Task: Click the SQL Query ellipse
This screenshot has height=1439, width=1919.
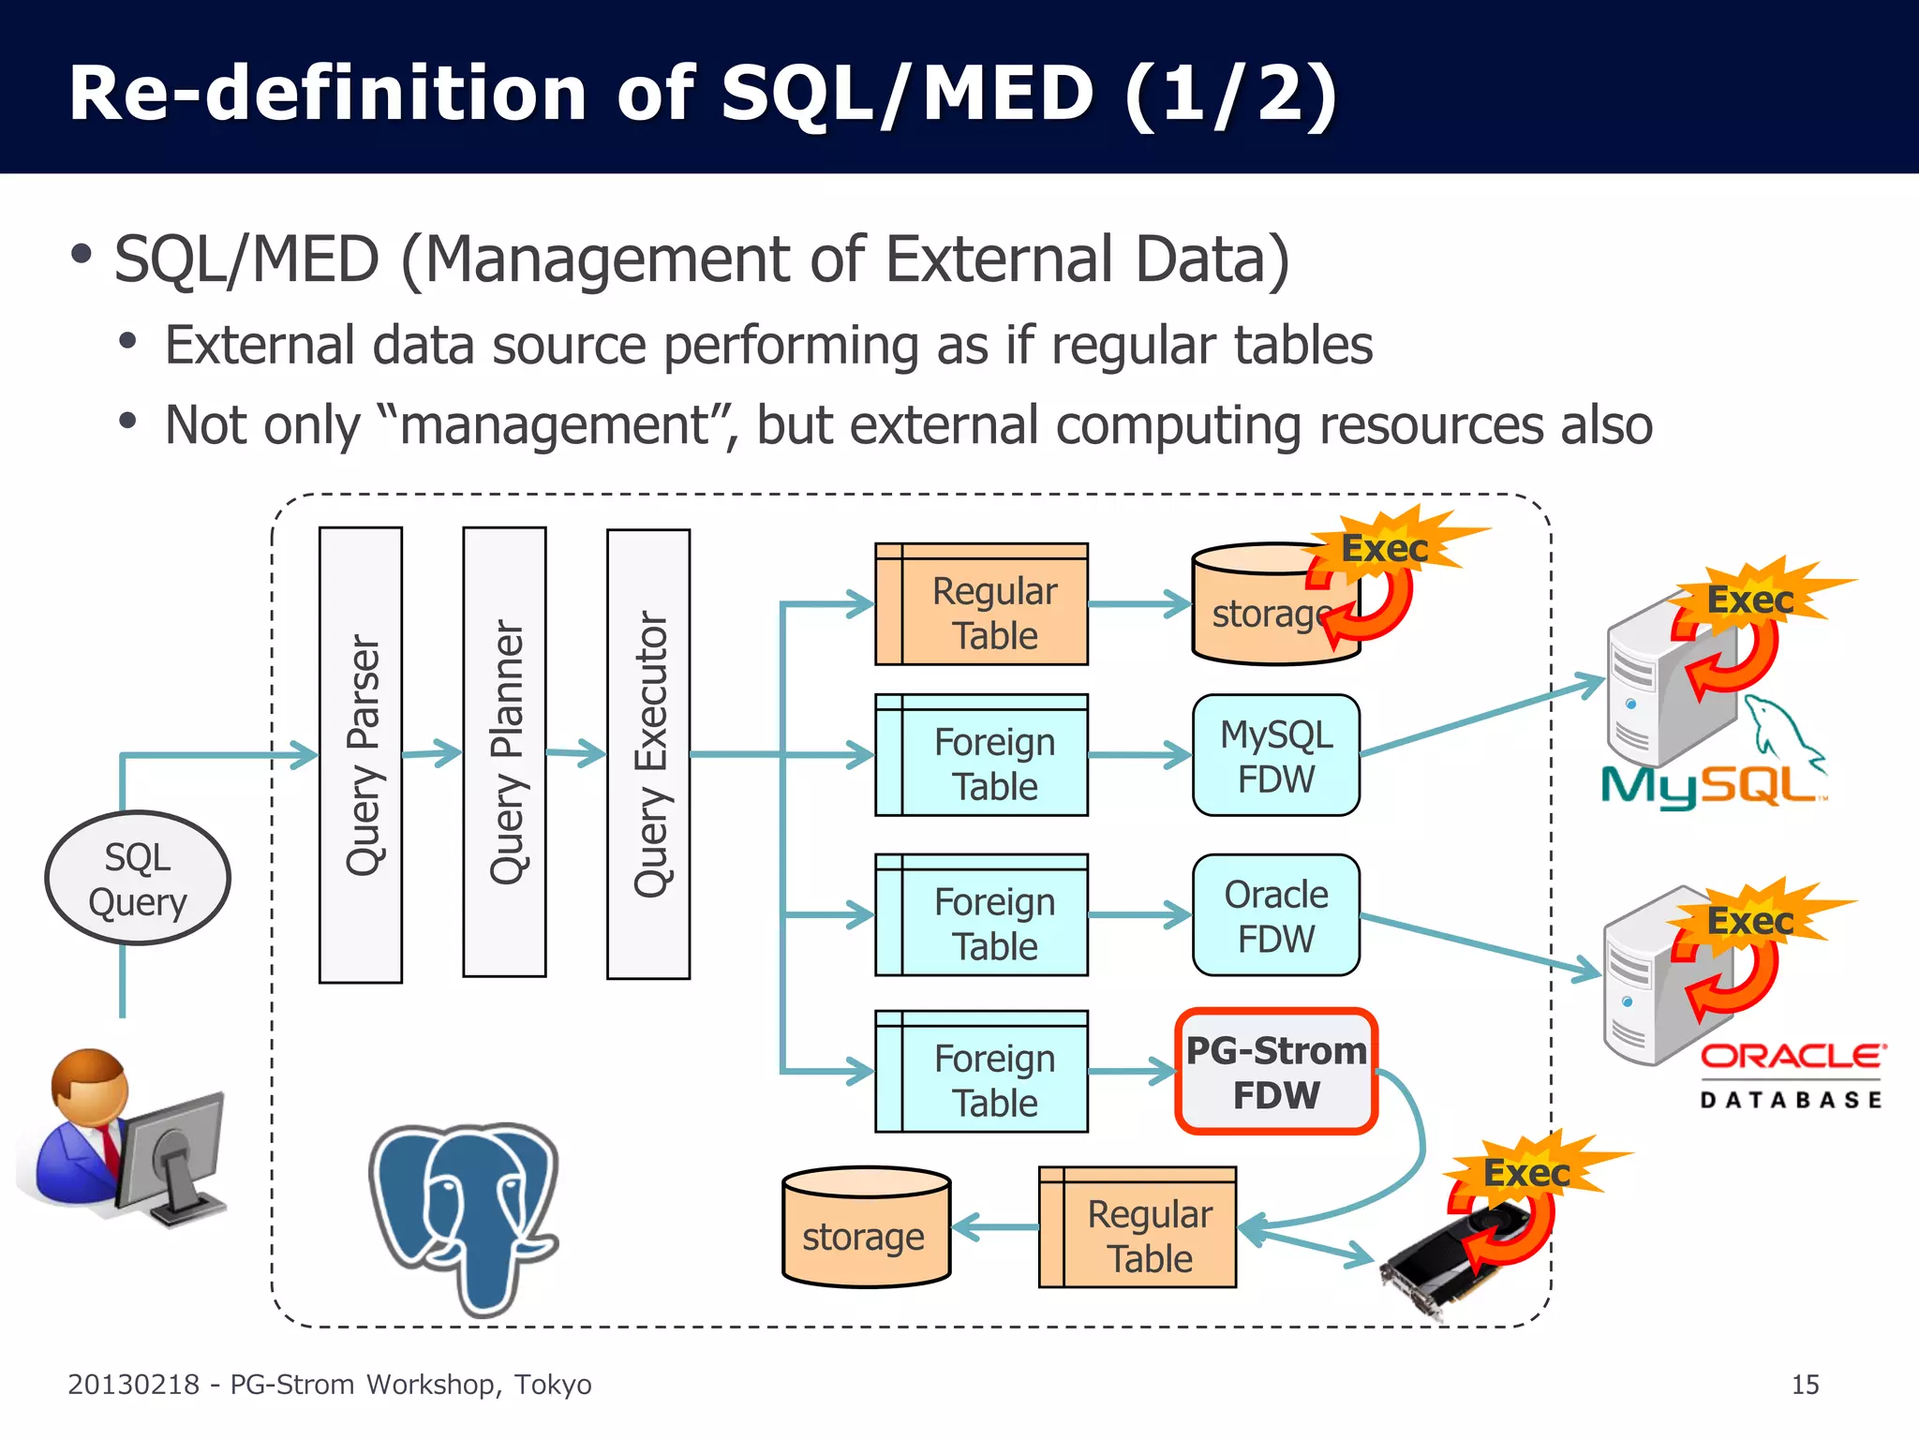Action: click(x=138, y=878)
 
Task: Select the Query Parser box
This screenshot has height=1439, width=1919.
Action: click(x=361, y=754)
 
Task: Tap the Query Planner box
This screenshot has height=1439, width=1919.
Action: click(x=504, y=752)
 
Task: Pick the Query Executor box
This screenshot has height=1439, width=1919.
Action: click(x=648, y=754)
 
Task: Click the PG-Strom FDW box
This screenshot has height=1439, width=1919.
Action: click(x=1276, y=1072)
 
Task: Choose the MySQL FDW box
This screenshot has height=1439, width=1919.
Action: click(x=1276, y=755)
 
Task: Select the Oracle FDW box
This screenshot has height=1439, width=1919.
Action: click(x=1276, y=915)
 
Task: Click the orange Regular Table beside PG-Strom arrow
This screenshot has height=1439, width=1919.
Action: click(x=1138, y=1227)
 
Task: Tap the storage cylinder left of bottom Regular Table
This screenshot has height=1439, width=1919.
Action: click(x=866, y=1227)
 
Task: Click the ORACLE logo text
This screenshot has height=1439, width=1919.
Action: click(x=1791, y=1057)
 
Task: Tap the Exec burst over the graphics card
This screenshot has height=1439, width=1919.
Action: click(x=1527, y=1172)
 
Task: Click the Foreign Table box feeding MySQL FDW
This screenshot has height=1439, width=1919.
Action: click(x=981, y=755)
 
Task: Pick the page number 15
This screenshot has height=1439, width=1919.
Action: click(x=1805, y=1385)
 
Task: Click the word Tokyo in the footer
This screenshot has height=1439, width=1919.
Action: click(x=553, y=1385)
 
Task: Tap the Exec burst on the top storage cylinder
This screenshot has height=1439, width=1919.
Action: click(x=1385, y=548)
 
